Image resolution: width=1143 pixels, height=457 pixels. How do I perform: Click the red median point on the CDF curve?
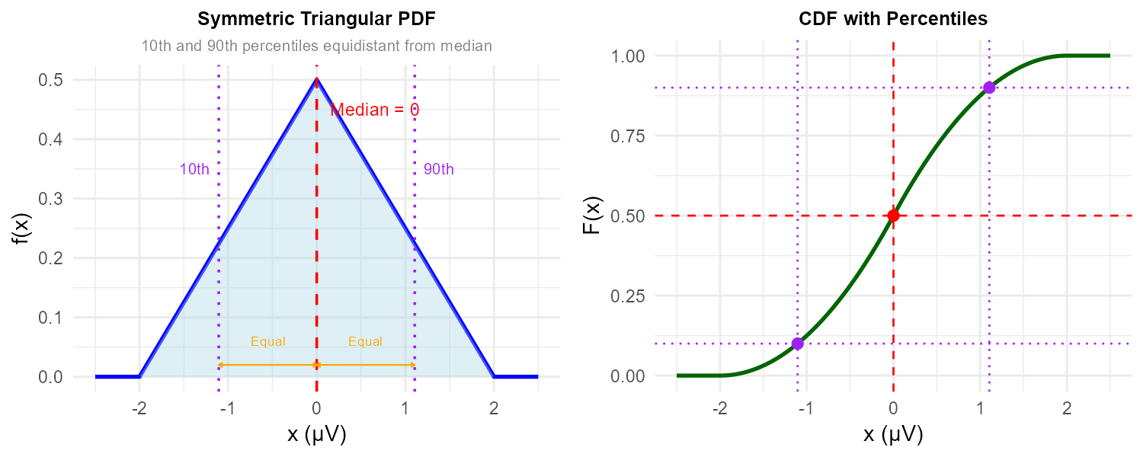893,216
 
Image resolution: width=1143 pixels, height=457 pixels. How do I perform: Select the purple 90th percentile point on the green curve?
989,88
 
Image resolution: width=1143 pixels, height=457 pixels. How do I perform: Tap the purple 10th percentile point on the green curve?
797,344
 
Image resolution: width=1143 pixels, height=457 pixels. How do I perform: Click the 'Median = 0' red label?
375,110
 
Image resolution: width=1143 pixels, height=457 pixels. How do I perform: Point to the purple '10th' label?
194,170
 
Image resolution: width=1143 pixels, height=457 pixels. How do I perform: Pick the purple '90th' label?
439,170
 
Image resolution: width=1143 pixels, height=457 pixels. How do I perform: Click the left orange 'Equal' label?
267,342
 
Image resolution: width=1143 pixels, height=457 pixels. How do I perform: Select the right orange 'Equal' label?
365,342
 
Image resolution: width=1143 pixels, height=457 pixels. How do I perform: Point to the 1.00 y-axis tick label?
626,56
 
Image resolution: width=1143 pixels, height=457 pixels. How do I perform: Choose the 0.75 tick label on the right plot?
626,136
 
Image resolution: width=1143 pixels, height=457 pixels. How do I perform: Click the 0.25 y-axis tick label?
626,296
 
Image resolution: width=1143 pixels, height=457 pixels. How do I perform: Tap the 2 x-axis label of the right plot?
1067,409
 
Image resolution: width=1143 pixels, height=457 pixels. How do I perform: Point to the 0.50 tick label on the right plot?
626,216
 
